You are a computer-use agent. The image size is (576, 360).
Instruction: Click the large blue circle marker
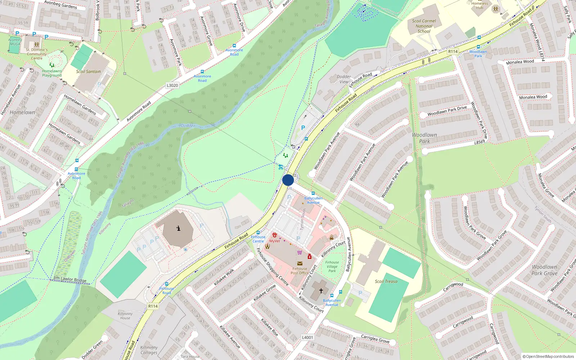click(288, 180)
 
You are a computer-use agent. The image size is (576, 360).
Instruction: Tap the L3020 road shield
click(172, 85)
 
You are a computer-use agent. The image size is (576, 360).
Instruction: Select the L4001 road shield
click(307, 337)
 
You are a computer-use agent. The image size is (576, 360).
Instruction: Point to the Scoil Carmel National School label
click(424, 26)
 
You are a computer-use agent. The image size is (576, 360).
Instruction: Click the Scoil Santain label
click(88, 71)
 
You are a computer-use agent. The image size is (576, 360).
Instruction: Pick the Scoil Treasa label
click(386, 281)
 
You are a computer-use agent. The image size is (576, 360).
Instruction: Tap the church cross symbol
click(321, 291)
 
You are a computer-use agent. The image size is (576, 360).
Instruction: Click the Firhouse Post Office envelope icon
click(300, 264)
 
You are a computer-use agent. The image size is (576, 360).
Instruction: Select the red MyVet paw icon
click(274, 235)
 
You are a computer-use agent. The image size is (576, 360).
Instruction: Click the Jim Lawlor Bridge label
click(70, 279)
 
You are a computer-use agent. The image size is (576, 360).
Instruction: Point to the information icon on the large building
click(179, 228)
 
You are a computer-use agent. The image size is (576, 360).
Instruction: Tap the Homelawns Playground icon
click(52, 65)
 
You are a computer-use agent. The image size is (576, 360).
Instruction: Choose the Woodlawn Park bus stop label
click(478, 54)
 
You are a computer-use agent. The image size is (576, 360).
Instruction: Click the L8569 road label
click(479, 142)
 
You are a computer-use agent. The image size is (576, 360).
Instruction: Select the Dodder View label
click(344, 79)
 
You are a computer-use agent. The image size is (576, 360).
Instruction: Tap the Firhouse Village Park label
click(332, 266)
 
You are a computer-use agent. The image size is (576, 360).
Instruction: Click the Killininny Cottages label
click(149, 350)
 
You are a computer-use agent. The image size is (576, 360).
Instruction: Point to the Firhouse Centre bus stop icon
click(258, 233)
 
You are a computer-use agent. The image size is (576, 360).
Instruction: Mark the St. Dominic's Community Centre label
click(36, 54)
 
